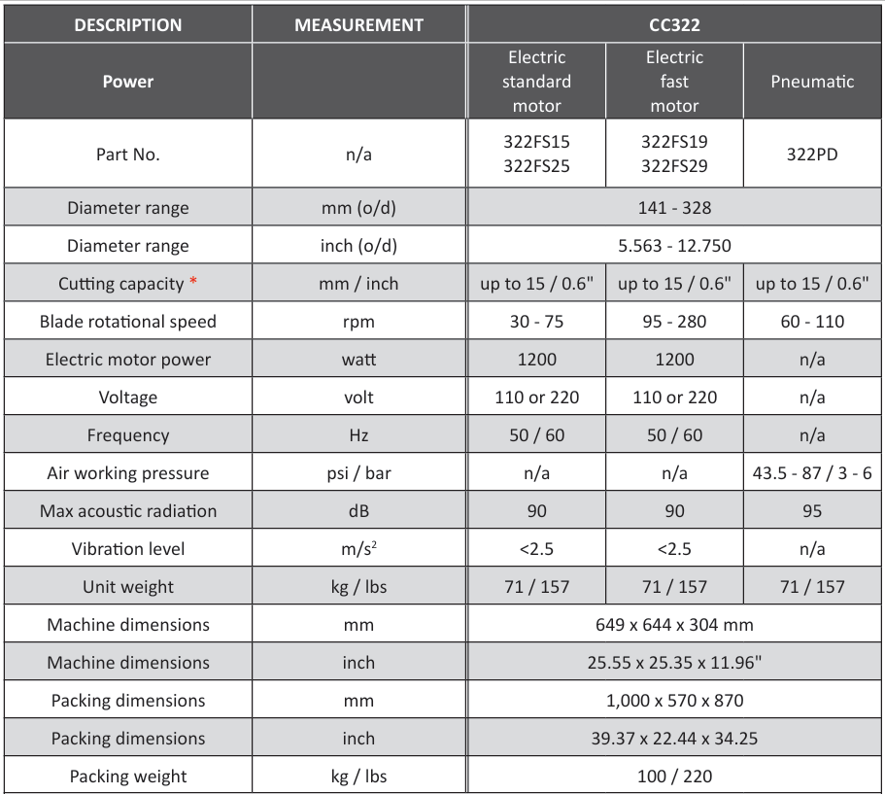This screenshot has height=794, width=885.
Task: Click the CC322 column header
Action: click(674, 25)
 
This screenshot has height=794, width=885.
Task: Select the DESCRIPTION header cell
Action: click(127, 25)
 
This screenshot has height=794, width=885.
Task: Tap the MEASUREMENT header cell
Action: click(358, 25)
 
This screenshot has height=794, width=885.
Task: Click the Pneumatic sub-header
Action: click(812, 82)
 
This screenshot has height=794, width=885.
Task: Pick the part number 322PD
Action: click(812, 154)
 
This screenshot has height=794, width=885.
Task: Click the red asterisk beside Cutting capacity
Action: click(193, 283)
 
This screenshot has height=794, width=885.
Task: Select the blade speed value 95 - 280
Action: click(674, 322)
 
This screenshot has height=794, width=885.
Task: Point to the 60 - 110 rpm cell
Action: click(812, 322)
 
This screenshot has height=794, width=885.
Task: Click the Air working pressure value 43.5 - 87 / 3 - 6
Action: click(812, 473)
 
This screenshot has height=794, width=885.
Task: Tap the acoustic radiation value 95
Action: click(812, 511)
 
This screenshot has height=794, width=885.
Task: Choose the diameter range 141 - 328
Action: click(674, 208)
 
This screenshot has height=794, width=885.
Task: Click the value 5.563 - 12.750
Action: click(674, 246)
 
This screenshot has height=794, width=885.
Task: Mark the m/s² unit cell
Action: click(358, 549)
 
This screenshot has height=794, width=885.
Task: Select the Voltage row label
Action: click(127, 397)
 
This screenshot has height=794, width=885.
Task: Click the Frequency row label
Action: click(127, 435)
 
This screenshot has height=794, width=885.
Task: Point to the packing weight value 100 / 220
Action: click(674, 777)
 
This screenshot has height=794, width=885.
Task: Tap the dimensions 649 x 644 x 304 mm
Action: click(674, 625)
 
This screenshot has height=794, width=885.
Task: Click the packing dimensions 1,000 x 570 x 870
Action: click(674, 701)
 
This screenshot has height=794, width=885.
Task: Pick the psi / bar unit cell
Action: click(358, 473)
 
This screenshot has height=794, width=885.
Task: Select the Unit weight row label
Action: click(127, 587)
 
